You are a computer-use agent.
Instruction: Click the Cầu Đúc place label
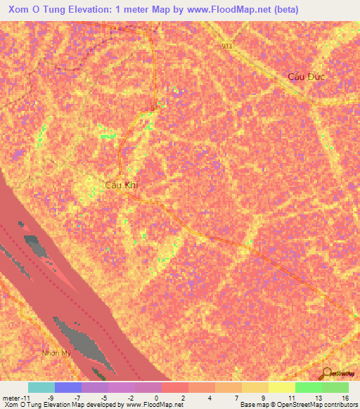coord(308,76)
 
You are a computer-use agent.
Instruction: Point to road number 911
coord(225,46)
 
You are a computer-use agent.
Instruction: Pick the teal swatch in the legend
coord(41,387)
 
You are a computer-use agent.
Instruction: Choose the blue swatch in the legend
coord(68,387)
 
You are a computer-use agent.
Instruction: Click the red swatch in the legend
coord(175,387)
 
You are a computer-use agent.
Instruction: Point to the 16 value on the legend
coord(345,397)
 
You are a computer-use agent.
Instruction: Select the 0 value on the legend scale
coord(157,397)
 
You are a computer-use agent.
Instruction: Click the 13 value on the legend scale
coord(318,397)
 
